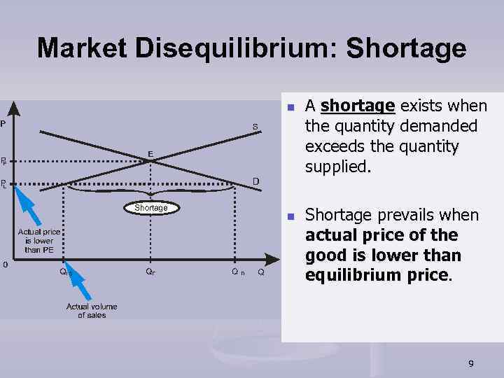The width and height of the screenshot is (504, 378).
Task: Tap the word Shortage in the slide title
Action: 406,48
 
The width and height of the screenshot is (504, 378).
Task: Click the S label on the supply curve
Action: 255,127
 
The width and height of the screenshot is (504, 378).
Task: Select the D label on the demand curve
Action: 256,181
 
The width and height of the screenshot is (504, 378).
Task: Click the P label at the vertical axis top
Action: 3,124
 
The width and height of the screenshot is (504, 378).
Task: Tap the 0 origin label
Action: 4,265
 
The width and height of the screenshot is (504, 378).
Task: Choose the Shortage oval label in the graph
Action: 151,208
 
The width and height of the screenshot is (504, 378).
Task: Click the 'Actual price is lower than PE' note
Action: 39,241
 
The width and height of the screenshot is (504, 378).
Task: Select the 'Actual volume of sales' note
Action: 92,311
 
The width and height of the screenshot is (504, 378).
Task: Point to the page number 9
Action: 470,363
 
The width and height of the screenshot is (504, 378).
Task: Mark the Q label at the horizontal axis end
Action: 260,272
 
